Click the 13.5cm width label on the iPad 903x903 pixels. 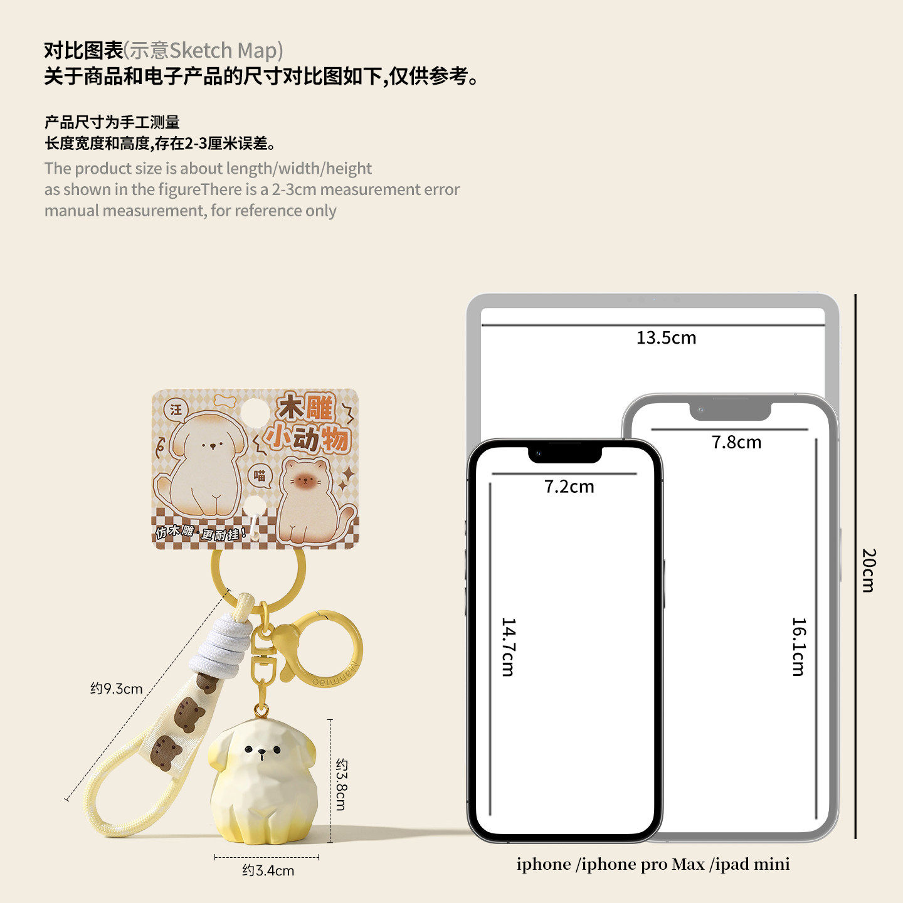(x=666, y=338)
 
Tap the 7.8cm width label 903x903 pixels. (x=736, y=443)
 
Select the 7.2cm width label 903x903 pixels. (x=569, y=487)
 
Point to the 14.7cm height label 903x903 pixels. (x=508, y=647)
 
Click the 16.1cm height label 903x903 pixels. (x=798, y=647)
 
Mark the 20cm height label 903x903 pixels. (x=869, y=570)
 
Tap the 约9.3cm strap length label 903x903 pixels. (x=117, y=689)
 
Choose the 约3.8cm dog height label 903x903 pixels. (x=341, y=784)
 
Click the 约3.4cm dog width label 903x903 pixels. (x=268, y=870)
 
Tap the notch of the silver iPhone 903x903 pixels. (x=730, y=411)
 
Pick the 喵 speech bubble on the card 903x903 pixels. (x=260, y=476)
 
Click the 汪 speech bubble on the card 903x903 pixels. (x=176, y=409)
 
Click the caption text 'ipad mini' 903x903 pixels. (x=752, y=864)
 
